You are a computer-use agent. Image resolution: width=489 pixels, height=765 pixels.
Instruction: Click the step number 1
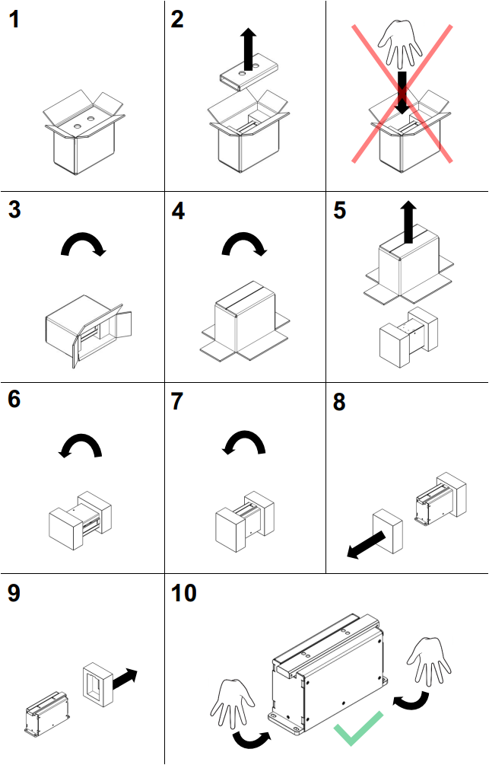pos(14,20)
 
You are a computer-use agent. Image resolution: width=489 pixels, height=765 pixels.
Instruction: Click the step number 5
pos(340,210)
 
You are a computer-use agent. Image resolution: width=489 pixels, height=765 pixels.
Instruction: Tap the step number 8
pos(340,402)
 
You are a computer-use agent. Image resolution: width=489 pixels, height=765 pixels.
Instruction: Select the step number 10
pos(184,593)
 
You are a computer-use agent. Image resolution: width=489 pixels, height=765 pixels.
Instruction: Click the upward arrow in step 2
pos(247,48)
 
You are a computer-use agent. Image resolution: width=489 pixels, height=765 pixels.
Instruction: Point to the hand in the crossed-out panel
pos(401,43)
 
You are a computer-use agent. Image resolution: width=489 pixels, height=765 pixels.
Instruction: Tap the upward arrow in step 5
pos(408,222)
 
